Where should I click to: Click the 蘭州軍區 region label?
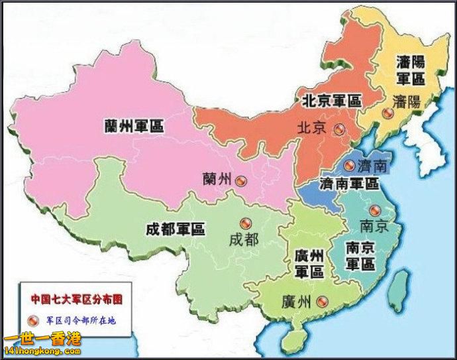point(134,125)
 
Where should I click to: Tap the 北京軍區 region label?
point(331,101)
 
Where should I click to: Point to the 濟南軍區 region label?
point(349,183)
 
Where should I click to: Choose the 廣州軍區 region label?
point(309,264)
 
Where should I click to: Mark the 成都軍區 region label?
point(175,229)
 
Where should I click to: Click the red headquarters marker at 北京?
point(340,129)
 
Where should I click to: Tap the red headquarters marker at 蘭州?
point(240,178)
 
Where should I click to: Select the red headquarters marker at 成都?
point(246,223)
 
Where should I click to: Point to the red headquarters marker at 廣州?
point(322,302)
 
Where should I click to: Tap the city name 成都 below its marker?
point(244,239)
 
